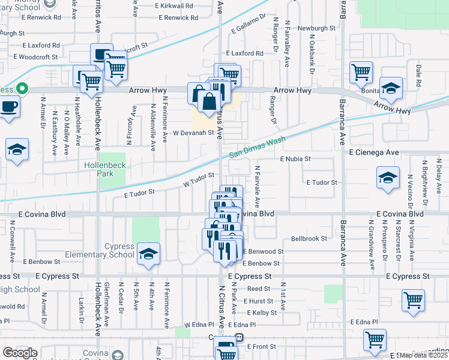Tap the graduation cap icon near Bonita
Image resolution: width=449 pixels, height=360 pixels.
pyautogui.click(x=391, y=89)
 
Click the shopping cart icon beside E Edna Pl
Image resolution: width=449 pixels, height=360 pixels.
pyautogui.click(x=375, y=340)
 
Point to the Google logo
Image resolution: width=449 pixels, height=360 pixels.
pyautogui.click(x=19, y=353)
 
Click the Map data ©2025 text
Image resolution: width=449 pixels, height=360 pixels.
pyautogui.click(x=423, y=355)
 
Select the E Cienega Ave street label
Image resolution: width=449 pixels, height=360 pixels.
pyautogui.click(x=374, y=153)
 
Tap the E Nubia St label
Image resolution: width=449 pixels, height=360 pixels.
pyautogui.click(x=295, y=159)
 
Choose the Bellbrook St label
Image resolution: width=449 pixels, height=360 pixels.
pyautogui.click(x=309, y=238)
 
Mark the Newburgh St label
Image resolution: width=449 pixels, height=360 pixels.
pyautogui.click(x=317, y=28)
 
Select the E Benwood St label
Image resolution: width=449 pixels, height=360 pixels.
pyautogui.click(x=263, y=251)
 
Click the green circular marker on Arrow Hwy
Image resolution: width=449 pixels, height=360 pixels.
pyautogui.click(x=22, y=89)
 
